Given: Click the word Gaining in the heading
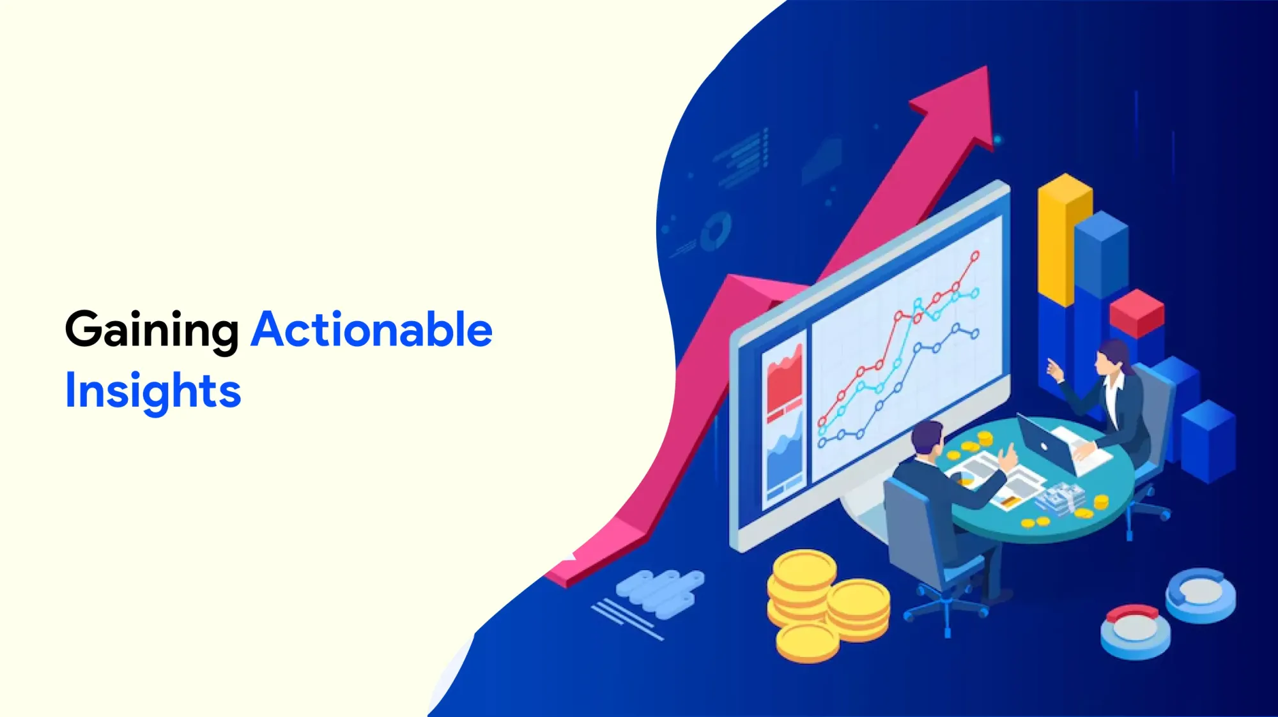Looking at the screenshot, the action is point(152,331).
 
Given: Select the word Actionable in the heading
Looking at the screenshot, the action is point(371,329).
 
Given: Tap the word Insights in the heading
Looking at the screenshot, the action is point(153,391).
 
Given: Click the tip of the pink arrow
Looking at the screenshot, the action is point(987,66).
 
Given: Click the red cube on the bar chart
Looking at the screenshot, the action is point(1137,313).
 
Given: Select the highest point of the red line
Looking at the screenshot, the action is point(975,256).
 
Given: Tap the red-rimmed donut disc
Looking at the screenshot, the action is point(1136,631).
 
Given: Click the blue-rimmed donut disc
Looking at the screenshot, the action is point(1201,595).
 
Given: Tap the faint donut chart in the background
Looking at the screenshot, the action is point(716,231).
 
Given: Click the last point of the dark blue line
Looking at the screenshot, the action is point(975,334).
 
